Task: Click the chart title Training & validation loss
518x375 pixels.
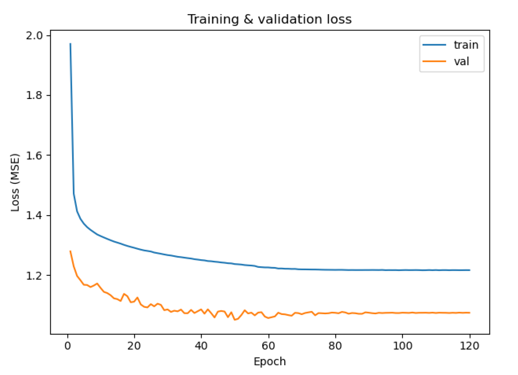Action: click(269, 19)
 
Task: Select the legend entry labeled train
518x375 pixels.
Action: click(466, 45)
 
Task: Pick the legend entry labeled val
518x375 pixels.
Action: click(461, 61)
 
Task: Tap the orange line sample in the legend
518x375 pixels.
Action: click(434, 61)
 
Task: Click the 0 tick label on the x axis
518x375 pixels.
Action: click(68, 346)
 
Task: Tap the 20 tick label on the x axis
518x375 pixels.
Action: click(134, 346)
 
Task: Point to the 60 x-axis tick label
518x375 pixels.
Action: click(268, 346)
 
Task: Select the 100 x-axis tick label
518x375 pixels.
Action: click(402, 346)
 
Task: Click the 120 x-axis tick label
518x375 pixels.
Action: click(469, 346)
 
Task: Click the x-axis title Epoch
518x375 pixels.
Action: click(270, 362)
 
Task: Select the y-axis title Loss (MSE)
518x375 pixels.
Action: click(15, 182)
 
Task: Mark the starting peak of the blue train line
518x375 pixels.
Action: click(70, 44)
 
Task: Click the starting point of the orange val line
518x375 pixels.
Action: click(70, 251)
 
